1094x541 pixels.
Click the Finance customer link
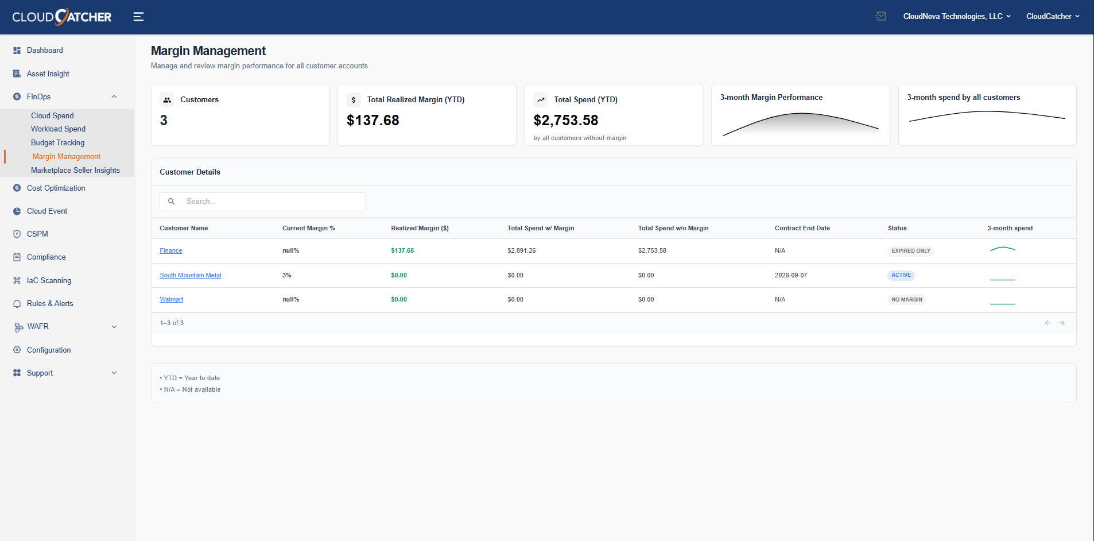point(170,250)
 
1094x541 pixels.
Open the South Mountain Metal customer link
point(190,275)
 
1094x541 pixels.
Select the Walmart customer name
point(171,299)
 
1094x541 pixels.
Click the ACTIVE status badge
point(901,275)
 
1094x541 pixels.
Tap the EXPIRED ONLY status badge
point(910,251)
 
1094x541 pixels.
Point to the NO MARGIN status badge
point(906,300)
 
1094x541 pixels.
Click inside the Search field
point(270,202)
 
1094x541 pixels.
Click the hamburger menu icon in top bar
point(138,17)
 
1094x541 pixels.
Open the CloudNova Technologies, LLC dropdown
point(956,17)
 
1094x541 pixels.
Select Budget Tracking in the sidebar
point(57,142)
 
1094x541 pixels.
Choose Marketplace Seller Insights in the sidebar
point(75,170)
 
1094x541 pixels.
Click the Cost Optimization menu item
point(56,188)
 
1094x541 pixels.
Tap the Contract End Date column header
point(802,228)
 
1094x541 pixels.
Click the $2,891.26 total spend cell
point(521,250)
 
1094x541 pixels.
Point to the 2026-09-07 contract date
point(790,275)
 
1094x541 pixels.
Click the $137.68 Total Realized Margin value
point(373,120)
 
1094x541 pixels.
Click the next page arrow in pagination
point(1062,323)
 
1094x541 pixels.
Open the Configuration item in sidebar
point(49,350)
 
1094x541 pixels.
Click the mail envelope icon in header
point(880,17)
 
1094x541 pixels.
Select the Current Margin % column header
point(308,228)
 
